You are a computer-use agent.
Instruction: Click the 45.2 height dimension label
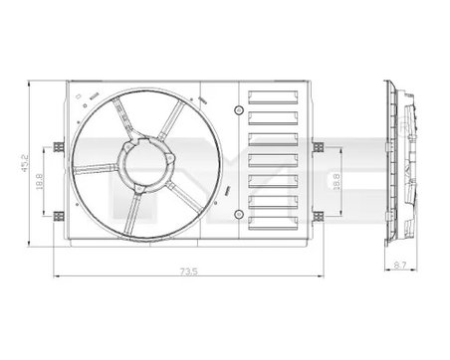pyautogui.click(x=13, y=162)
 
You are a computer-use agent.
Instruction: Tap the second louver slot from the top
pyautogui.click(x=275, y=117)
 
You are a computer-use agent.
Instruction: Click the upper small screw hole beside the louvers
pyautogui.click(x=240, y=103)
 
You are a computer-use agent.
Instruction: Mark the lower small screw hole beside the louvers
pyautogui.click(x=240, y=215)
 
